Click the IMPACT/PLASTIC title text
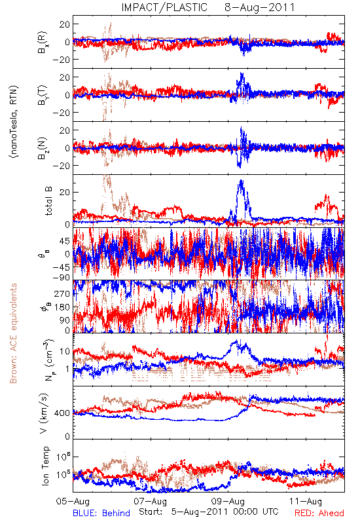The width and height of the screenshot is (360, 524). pos(164,7)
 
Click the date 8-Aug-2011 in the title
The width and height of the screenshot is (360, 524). pos(260,7)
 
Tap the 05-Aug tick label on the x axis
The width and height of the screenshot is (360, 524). pos(73,501)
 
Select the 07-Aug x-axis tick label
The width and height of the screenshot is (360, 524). pos(151,501)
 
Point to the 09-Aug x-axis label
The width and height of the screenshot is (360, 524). pos(228,501)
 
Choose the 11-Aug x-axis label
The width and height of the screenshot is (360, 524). pos(306,501)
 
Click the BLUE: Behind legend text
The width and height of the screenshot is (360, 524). pos(101,513)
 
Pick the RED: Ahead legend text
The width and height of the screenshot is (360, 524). pos(319,513)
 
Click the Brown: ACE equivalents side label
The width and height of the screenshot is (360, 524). pos(13,333)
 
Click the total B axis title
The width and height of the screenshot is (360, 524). pos(48,201)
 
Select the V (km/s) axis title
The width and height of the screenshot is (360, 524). pos(44,413)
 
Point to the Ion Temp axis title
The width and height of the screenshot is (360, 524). pos(46,466)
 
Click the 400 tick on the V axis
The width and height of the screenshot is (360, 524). pos(63,413)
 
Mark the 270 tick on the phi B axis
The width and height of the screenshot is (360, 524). pos(62,293)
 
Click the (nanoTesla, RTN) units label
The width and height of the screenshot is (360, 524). pos(14,122)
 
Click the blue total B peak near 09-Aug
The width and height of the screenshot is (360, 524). pos(241,181)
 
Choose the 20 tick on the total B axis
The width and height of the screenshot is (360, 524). pos(65,192)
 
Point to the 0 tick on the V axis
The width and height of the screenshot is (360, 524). pos(68,436)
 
